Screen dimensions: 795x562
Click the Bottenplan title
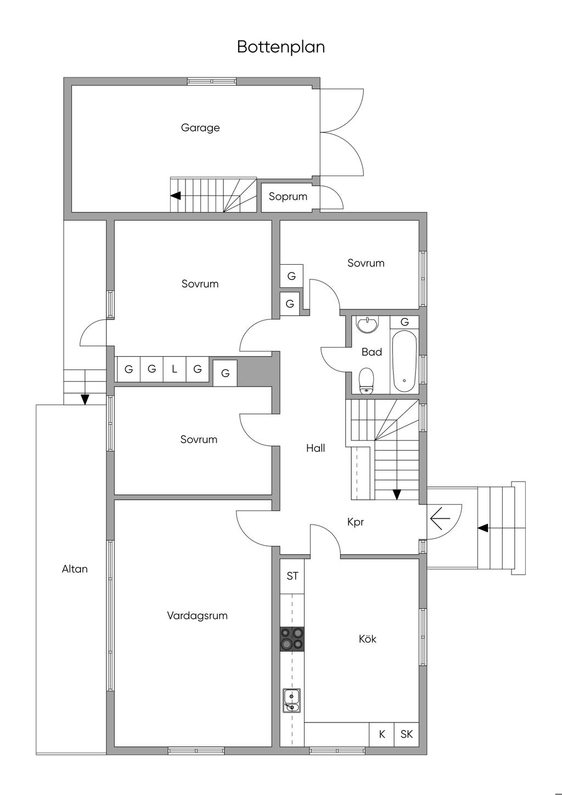[x=280, y=47]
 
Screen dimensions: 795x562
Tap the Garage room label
[x=200, y=128]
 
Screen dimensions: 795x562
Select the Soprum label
[x=288, y=197]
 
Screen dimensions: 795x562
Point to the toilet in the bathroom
[x=367, y=380]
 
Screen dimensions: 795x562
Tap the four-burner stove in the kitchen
[x=292, y=639]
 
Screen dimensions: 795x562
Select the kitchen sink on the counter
[x=291, y=700]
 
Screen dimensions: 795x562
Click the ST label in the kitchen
[x=293, y=576]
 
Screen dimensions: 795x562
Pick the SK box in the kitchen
[x=407, y=734]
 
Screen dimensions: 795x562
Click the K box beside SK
[x=382, y=734]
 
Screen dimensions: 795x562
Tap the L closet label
[x=175, y=369]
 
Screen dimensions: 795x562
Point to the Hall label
[x=316, y=448]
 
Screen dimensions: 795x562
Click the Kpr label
[x=356, y=522]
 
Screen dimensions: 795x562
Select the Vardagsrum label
[x=197, y=615]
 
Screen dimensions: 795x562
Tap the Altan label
[x=75, y=569]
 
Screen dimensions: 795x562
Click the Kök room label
[x=367, y=639]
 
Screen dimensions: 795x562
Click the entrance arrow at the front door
[x=440, y=517]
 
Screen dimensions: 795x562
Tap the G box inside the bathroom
[x=404, y=322]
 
